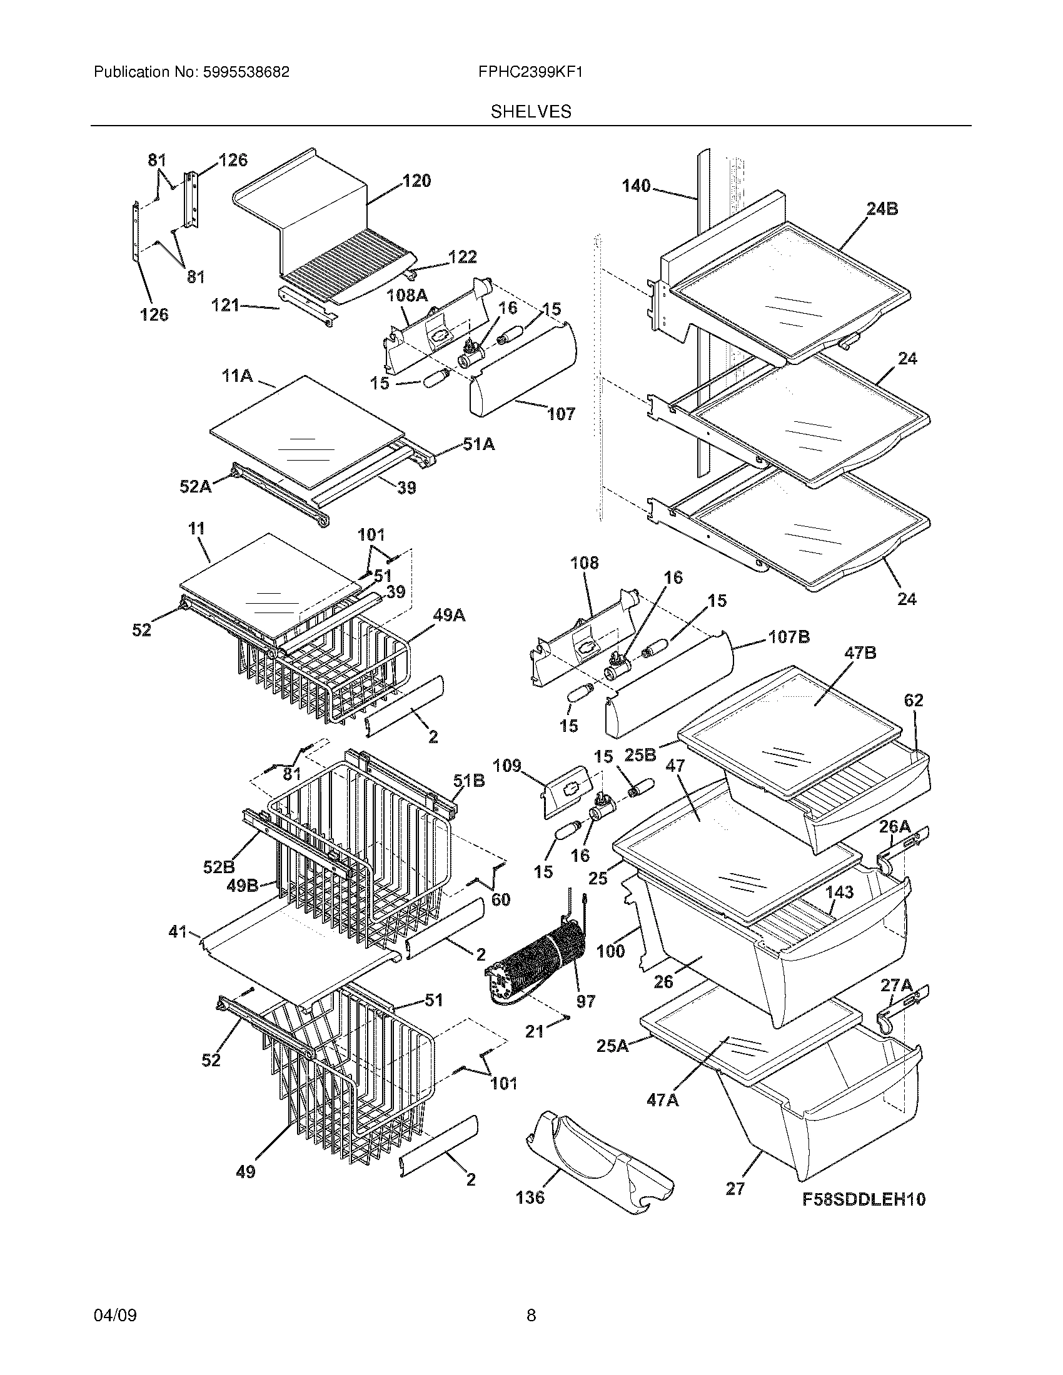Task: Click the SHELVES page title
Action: click(x=531, y=112)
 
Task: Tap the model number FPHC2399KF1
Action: click(x=530, y=72)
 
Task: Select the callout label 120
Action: click(x=416, y=181)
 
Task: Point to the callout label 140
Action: click(x=635, y=186)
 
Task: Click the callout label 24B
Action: click(x=882, y=209)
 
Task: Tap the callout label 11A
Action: click(x=237, y=376)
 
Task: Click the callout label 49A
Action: click(x=448, y=616)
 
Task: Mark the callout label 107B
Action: click(x=788, y=637)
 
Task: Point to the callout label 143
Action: click(x=839, y=892)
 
